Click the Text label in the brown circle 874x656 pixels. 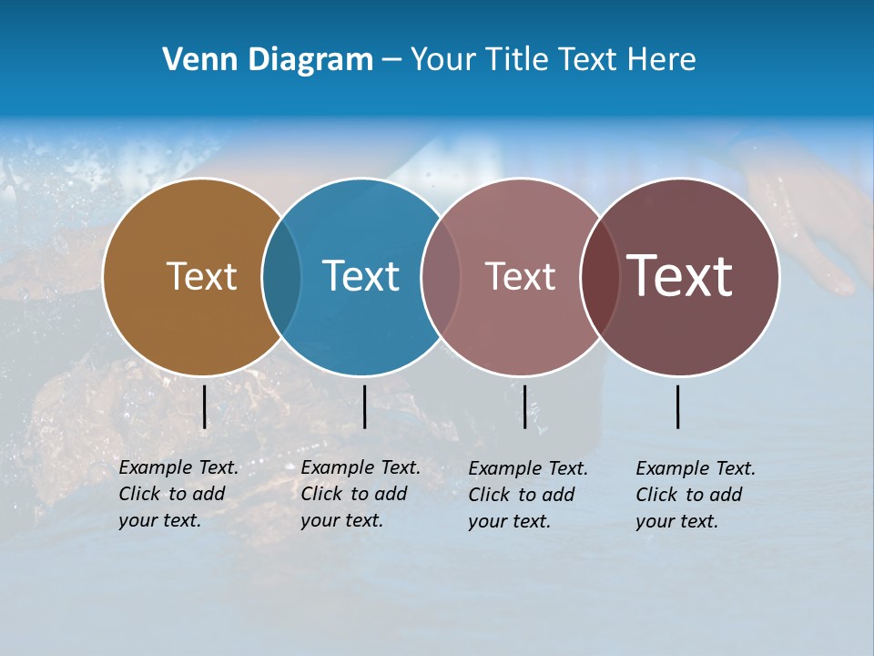[x=201, y=276]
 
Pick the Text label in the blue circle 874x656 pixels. [x=361, y=276]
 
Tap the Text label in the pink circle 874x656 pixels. [x=520, y=276]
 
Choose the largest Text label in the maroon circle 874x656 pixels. [x=680, y=276]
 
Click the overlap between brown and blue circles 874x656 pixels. [x=281, y=276]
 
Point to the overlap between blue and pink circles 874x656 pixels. [x=441, y=276]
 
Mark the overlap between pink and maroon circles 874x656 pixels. [x=600, y=276]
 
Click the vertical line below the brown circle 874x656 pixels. [x=205, y=406]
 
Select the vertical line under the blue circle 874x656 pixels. [x=364, y=406]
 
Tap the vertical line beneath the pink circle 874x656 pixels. [x=524, y=406]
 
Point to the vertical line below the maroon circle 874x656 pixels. [x=678, y=406]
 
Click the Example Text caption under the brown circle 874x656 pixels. [x=178, y=494]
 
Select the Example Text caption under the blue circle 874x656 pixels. [x=360, y=494]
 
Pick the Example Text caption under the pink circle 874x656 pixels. [x=527, y=495]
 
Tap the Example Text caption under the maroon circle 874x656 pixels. [x=695, y=495]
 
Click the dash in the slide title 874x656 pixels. [x=391, y=61]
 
